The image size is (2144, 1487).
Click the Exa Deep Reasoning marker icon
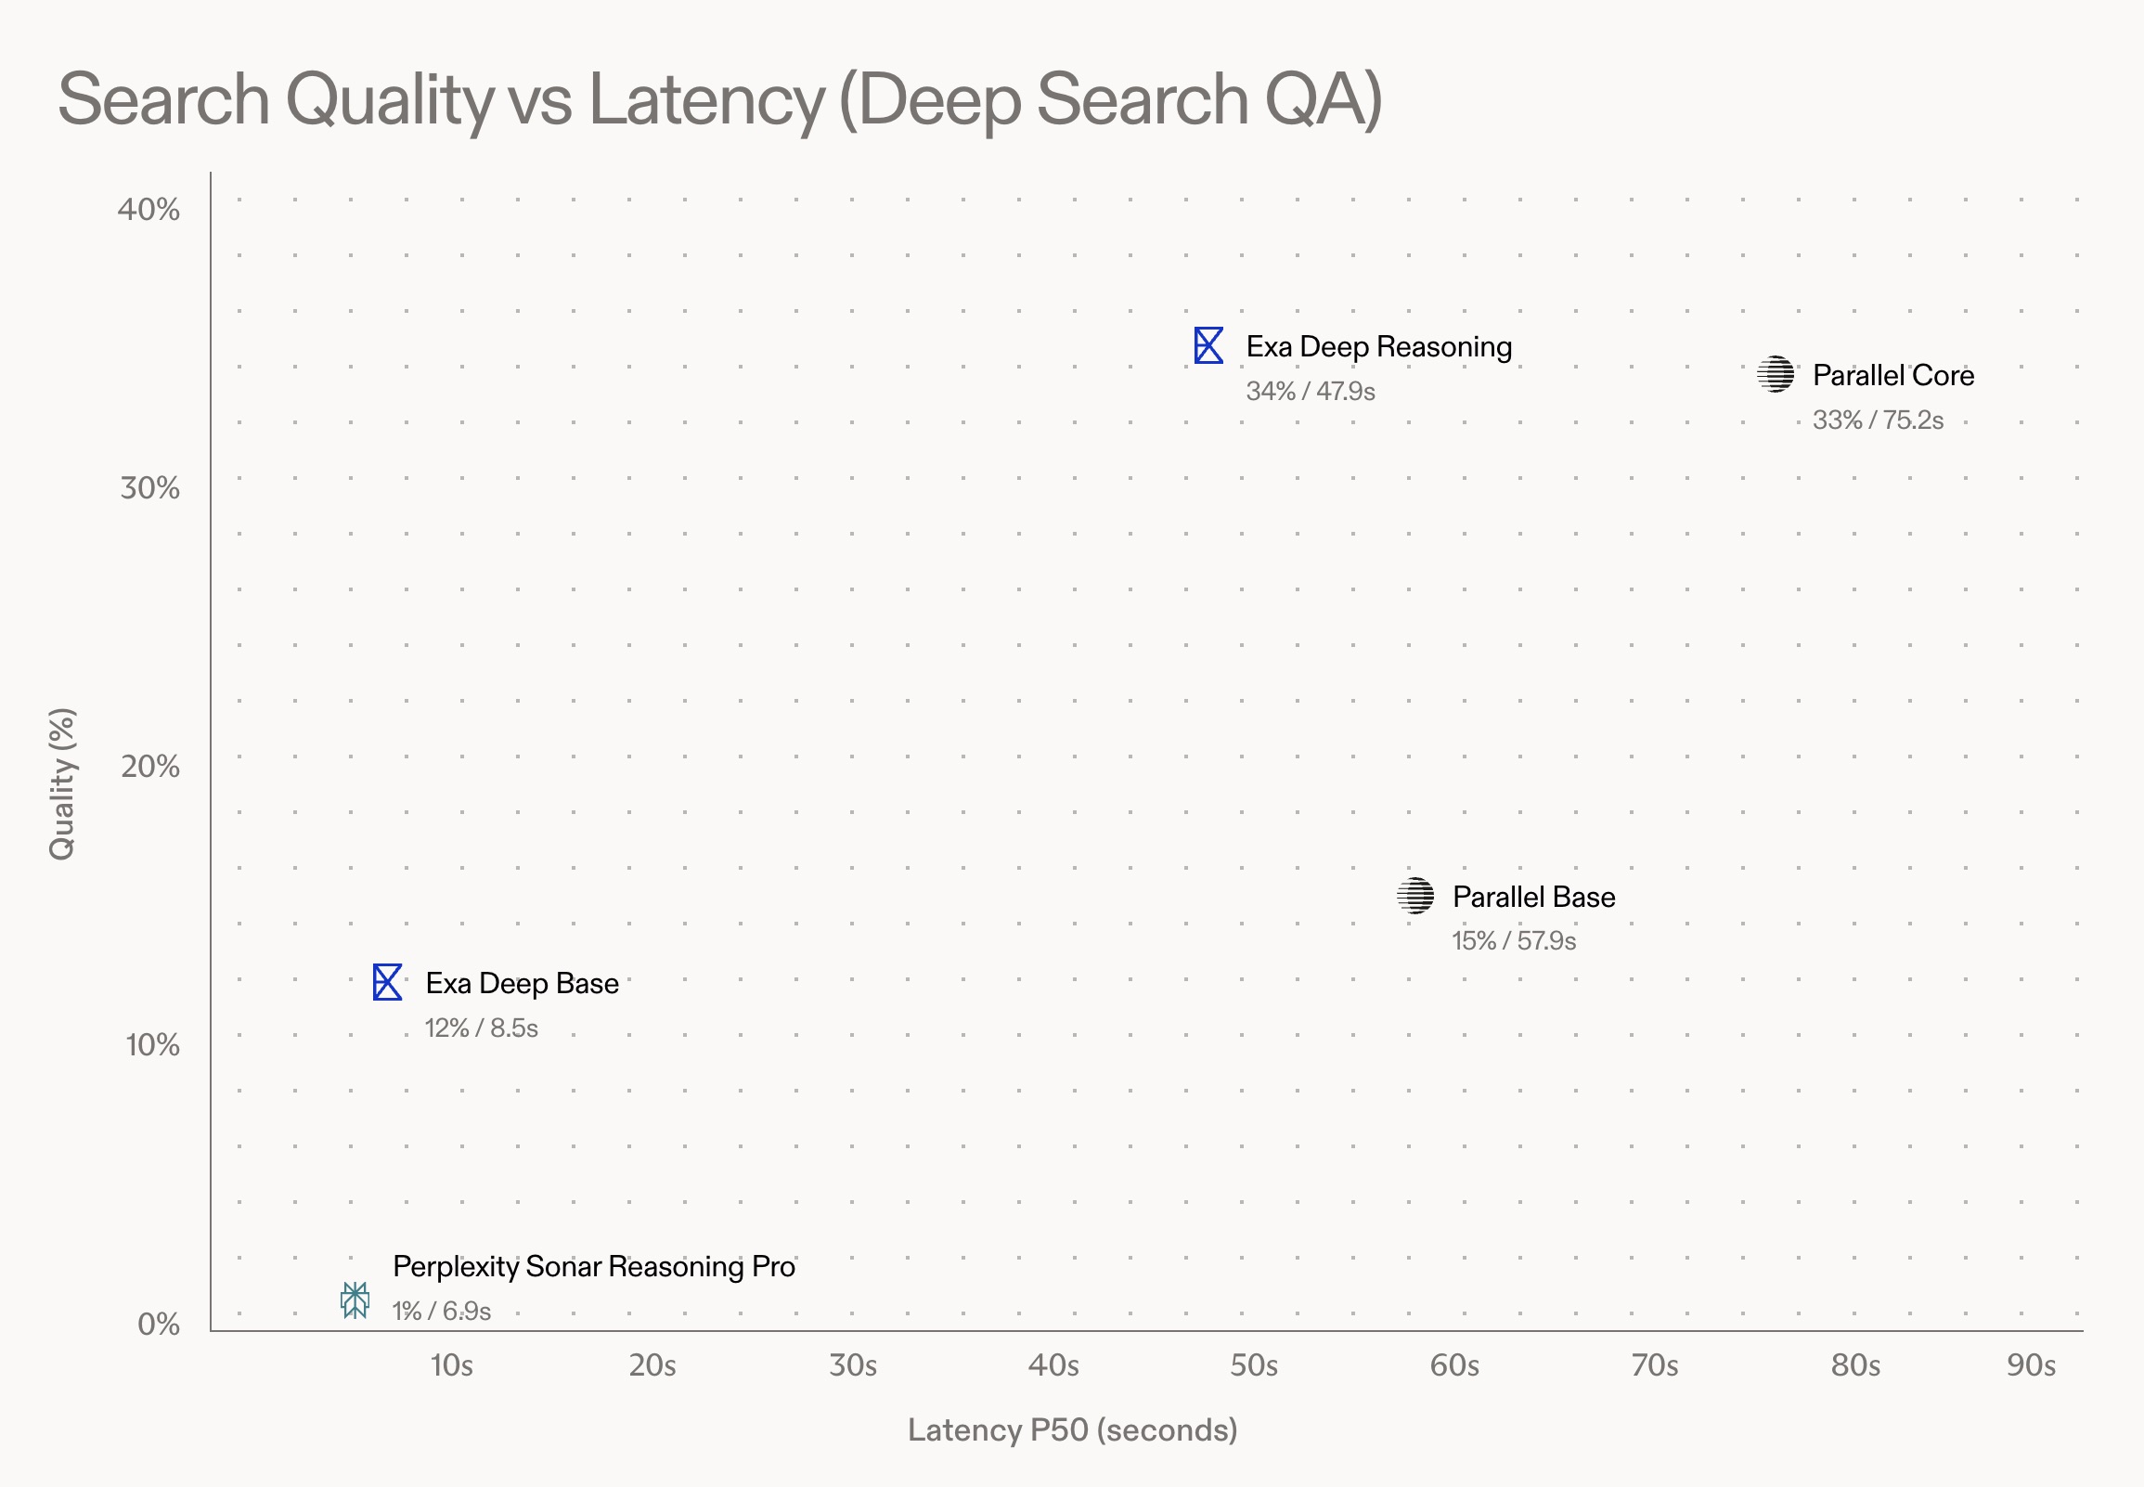(x=1208, y=345)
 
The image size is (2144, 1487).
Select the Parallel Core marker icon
(x=1776, y=375)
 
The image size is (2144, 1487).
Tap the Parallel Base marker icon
(x=1414, y=897)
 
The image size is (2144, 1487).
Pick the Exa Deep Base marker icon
(x=387, y=982)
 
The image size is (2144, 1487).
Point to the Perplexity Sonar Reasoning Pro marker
(x=355, y=1300)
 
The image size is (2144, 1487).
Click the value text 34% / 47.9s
(x=1310, y=392)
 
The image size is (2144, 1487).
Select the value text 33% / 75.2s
(x=1877, y=420)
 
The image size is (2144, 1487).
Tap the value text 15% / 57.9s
(x=1514, y=941)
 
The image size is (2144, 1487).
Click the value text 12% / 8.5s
(x=482, y=1028)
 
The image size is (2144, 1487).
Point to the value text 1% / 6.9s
(x=442, y=1311)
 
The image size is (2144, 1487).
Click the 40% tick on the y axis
(x=149, y=210)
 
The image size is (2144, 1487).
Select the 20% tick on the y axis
(x=150, y=767)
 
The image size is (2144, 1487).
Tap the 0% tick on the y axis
(x=159, y=1324)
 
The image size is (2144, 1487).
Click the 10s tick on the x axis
(x=452, y=1366)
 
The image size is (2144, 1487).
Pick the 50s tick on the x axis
(x=1254, y=1366)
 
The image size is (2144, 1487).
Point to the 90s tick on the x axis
(x=2032, y=1366)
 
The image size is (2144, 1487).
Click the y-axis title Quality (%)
(x=61, y=783)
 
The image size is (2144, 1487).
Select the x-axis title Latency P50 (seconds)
(x=1072, y=1430)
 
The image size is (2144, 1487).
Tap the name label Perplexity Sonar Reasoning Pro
(x=593, y=1267)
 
